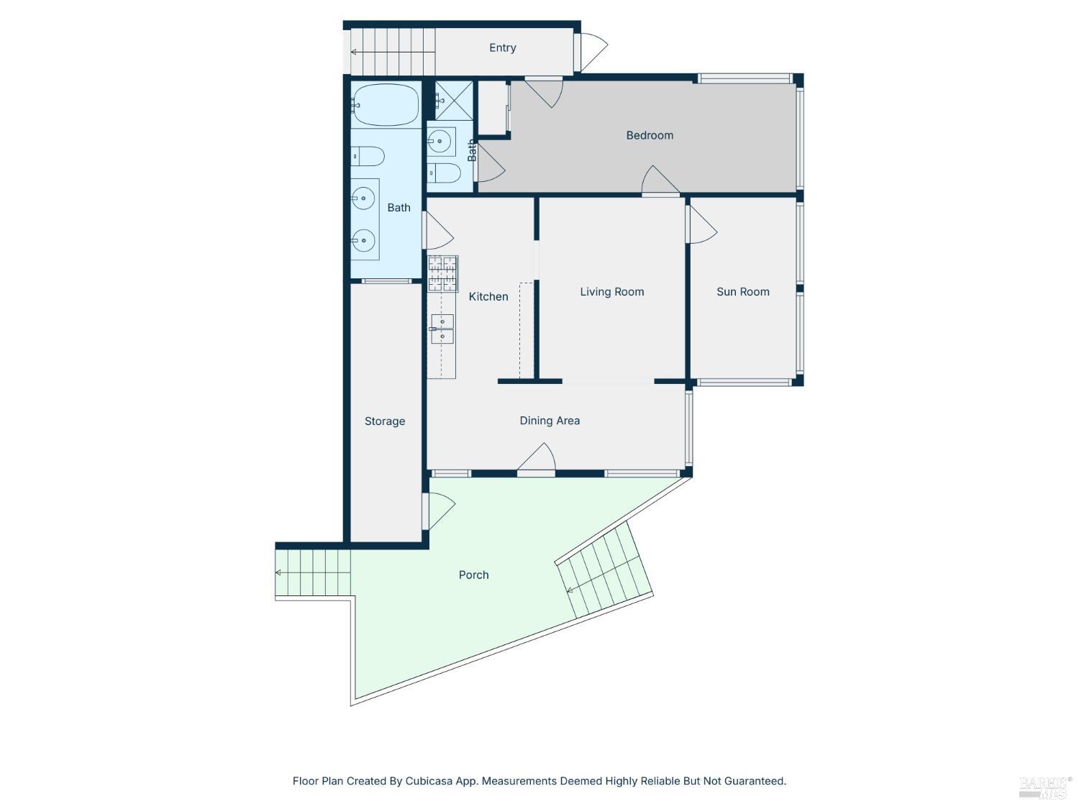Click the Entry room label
point(502,47)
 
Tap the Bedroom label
point(650,135)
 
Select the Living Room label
point(611,291)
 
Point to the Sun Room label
point(743,291)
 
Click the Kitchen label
point(488,296)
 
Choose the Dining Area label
point(550,421)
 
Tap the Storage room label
point(384,421)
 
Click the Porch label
point(473,575)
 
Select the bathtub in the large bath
point(386,105)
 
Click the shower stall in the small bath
point(453,100)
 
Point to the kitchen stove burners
point(443,273)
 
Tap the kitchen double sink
point(442,329)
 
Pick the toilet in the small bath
point(444,173)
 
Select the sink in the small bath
point(441,142)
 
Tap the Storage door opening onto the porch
point(440,511)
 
